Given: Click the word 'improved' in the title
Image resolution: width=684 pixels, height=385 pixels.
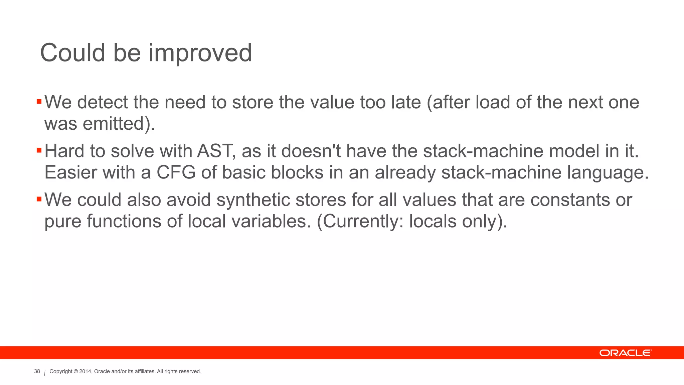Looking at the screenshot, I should point(200,53).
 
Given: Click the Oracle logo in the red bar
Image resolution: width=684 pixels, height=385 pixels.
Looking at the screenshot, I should point(625,353).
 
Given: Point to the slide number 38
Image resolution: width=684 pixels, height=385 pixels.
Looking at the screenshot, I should point(37,371).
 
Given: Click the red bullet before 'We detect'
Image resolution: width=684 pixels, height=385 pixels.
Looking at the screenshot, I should point(39,101).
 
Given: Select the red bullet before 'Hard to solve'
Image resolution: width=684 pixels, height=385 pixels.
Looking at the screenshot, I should point(39,150).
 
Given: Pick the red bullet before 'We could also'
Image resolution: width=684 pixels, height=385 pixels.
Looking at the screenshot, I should point(39,199).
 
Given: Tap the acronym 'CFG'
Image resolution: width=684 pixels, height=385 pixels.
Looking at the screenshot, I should point(176,173).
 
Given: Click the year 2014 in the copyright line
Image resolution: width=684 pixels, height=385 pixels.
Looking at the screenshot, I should point(85,372).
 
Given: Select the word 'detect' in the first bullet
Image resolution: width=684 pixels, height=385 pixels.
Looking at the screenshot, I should point(103,102).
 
